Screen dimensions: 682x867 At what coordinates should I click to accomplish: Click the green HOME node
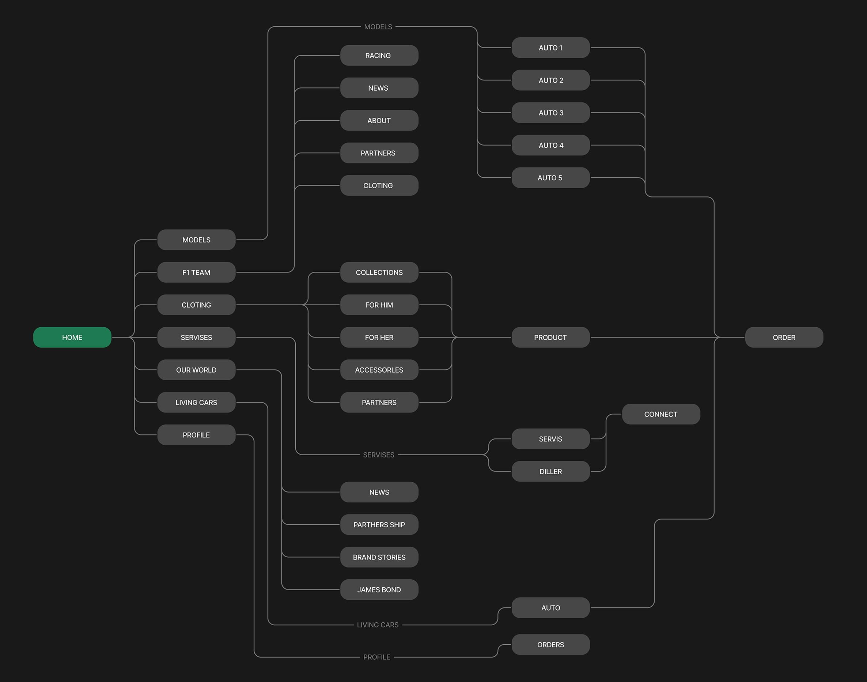coord(72,338)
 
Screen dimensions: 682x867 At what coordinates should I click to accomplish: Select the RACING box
coord(379,56)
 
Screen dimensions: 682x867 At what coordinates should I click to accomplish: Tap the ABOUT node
coord(379,121)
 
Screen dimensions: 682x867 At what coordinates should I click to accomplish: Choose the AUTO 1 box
coord(550,48)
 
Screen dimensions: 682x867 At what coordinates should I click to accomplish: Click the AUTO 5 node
coord(550,178)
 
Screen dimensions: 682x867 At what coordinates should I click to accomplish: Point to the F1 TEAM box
coord(196,272)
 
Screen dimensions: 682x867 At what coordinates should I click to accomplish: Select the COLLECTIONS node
coord(379,272)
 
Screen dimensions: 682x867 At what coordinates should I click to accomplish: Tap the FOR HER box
coord(379,338)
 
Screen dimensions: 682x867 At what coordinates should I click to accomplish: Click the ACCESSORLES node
coord(379,370)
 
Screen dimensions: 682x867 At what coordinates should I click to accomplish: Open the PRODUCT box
coord(550,338)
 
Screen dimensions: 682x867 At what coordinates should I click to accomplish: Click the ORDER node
coord(784,338)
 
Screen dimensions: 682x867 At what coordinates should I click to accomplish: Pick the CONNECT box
coord(660,414)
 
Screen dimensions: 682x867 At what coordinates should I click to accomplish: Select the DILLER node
coord(550,472)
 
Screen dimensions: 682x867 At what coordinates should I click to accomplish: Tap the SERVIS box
coord(550,439)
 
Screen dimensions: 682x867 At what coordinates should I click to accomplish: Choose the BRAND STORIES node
coord(379,557)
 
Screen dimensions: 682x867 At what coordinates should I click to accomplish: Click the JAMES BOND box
coord(379,590)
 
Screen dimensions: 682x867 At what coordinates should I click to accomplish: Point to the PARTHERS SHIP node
coord(379,525)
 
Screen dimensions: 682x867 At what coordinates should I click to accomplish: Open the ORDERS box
coord(550,644)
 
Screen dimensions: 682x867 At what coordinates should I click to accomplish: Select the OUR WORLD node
coord(196,370)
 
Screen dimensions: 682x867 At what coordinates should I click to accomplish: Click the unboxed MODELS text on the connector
coord(378,27)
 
